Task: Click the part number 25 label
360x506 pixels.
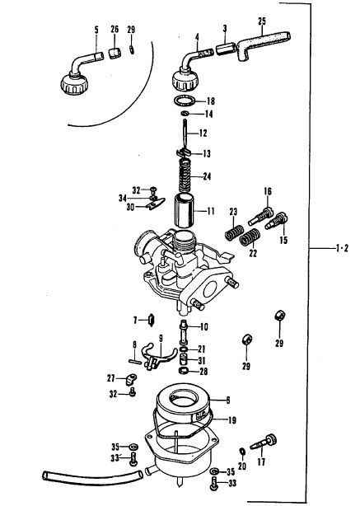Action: coord(262,21)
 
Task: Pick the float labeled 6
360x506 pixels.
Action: coord(183,402)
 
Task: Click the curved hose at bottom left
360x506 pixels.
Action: coord(92,477)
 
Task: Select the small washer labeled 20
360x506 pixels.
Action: coord(241,452)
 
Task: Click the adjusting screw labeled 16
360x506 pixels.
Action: coord(261,217)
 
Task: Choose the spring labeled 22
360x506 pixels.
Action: coord(250,237)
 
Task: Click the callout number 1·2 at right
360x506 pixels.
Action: coord(342,249)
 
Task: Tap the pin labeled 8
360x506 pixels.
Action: coord(135,362)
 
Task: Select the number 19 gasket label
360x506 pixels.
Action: coord(232,420)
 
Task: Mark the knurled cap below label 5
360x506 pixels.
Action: coord(74,84)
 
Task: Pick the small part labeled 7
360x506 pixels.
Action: coord(152,320)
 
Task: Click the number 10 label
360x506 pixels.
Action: coord(203,327)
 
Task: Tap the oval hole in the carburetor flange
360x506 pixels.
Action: coord(210,288)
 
